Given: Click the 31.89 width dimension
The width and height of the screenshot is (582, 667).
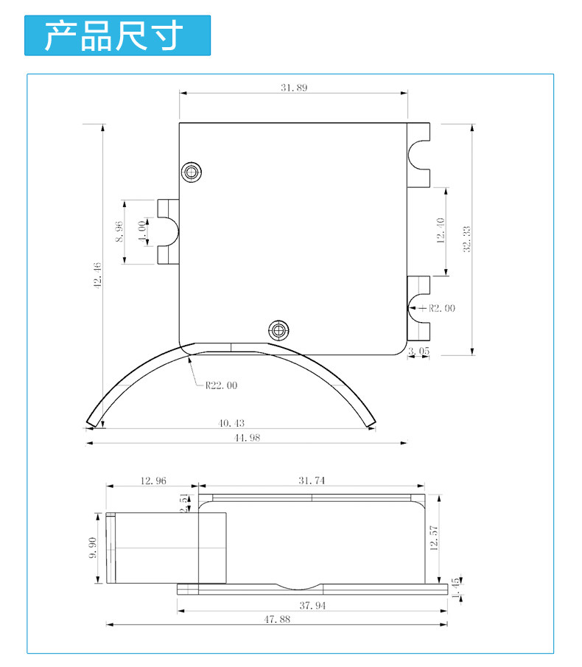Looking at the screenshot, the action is (x=294, y=87).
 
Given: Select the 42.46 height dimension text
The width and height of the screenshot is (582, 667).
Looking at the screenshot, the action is (x=97, y=276).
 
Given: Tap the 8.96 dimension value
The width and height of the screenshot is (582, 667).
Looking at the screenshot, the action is (x=119, y=231).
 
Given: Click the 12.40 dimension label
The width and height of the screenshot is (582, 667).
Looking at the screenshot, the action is (x=440, y=231).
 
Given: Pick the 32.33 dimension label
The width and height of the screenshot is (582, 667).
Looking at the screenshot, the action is (x=466, y=239).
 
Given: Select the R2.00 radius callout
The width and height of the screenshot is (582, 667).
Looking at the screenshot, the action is (x=441, y=308).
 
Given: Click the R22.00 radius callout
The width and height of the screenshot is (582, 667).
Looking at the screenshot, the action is (x=221, y=385).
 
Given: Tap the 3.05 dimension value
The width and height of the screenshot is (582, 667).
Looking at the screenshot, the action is (x=418, y=352).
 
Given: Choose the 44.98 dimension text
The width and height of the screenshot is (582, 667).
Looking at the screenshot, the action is (x=247, y=437).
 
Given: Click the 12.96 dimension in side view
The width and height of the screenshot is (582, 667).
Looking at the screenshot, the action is (x=152, y=481).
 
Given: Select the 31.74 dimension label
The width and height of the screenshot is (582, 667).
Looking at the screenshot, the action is (x=312, y=481).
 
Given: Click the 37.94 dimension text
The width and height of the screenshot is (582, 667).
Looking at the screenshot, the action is (x=312, y=605).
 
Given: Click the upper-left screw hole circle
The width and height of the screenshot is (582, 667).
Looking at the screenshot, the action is (x=192, y=172).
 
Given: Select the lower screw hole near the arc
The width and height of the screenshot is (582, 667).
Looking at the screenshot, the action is (x=278, y=328).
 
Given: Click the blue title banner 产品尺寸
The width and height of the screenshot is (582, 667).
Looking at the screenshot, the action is (x=117, y=35).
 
